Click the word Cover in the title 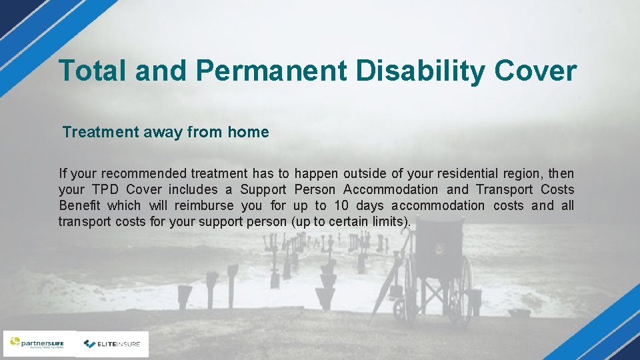536,71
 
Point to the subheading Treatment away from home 166,132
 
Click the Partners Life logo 39,344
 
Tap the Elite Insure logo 112,344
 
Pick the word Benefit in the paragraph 81,206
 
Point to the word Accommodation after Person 391,190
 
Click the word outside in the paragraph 365,174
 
